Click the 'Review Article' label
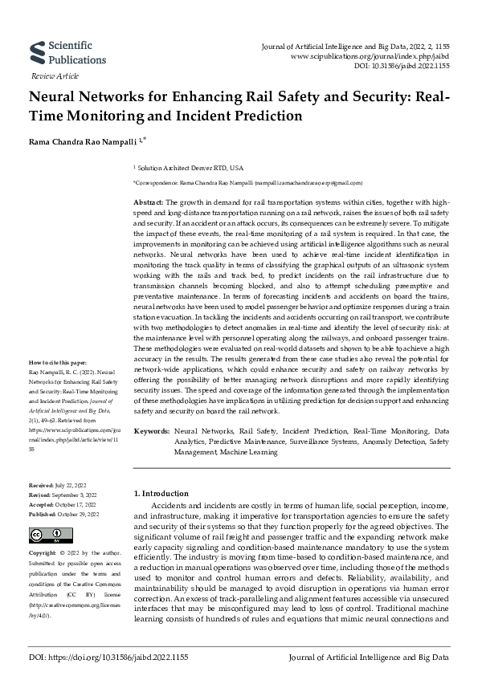55,75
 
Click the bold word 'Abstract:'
148,202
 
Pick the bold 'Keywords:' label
151,432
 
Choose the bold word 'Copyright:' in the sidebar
43,553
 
